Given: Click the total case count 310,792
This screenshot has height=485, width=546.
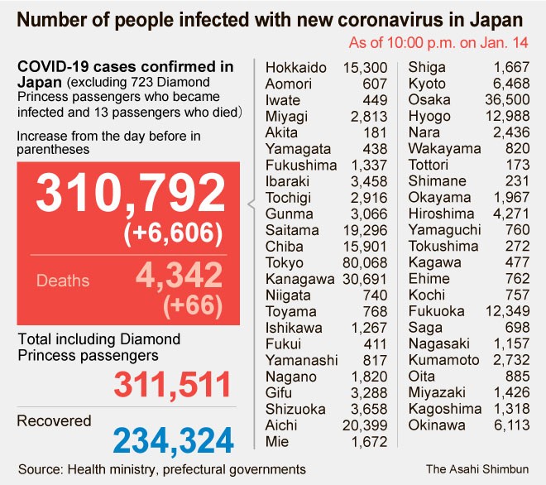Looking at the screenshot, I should pos(130,194).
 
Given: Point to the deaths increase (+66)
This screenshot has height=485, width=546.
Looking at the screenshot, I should pos(193,305).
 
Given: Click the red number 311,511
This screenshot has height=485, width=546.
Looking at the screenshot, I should pos(172,385).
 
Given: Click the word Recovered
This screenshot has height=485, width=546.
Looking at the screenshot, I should pos(54,421).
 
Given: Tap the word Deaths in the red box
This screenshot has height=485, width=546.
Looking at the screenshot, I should pos(64,281).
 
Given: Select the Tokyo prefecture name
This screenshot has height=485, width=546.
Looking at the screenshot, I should pos(284,263).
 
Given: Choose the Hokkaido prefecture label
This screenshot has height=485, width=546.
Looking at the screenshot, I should pos(295,67).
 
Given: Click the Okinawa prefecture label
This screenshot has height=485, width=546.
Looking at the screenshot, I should pos(438,425).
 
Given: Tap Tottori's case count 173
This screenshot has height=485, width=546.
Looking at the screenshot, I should pos(518,165).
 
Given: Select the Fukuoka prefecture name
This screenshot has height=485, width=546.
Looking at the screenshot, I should pos(437,311).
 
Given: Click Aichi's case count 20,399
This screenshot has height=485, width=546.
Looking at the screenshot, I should pos(363,425).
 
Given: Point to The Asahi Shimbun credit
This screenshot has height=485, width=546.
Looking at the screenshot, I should pos(477,468).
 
